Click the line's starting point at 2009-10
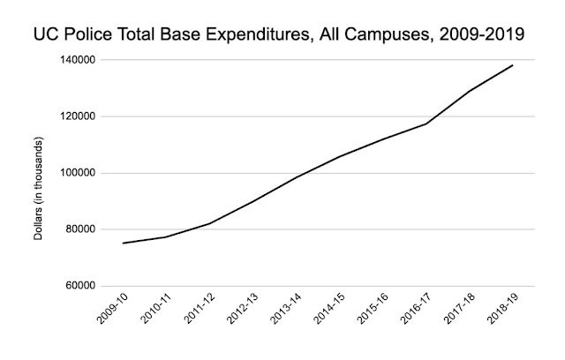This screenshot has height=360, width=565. pyautogui.click(x=123, y=243)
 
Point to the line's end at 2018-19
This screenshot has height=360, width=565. pyautogui.click(x=513, y=65)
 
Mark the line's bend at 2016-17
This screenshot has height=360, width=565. pyautogui.click(x=426, y=124)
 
